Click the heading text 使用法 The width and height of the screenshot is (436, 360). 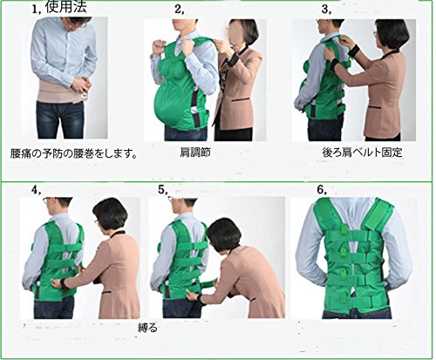pos(66,7)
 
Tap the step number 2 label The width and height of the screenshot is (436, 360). pos(180,9)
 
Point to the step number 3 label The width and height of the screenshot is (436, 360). pos(326,9)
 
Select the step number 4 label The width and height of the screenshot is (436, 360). pos(37,190)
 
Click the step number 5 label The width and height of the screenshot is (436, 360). pos(163,190)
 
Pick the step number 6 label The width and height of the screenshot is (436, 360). pos(322,190)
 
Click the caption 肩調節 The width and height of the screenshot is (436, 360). pos(195,153)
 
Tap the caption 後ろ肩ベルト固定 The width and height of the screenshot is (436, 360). pos(362,153)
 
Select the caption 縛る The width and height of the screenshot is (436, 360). pos(147,328)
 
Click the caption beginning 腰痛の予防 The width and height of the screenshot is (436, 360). pos(73,153)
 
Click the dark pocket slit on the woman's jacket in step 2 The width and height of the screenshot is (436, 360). pos(241,99)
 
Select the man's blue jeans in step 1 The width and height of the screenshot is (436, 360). pos(60,119)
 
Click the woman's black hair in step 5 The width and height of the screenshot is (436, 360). pos(224,233)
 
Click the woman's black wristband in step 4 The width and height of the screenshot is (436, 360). pos(64,284)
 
